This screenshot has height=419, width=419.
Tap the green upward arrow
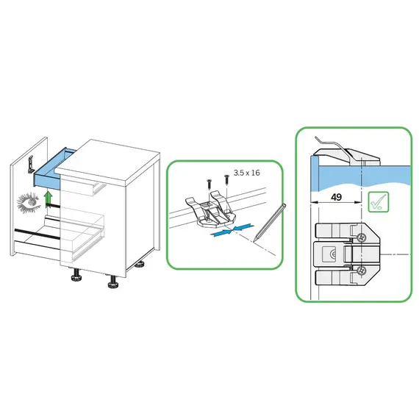(48, 198)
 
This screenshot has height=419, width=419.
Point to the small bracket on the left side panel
(31, 165)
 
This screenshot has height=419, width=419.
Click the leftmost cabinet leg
(76, 275)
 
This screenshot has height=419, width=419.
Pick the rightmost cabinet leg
(140, 265)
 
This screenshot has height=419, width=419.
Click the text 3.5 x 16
(247, 173)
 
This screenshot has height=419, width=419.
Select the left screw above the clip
(209, 185)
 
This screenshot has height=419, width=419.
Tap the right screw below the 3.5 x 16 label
(226, 179)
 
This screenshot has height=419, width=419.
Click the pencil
(271, 223)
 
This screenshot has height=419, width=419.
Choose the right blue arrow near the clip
(243, 227)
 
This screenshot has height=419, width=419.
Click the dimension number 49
(336, 197)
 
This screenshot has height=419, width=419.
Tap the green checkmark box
(379, 202)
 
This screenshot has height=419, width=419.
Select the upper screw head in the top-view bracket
(361, 237)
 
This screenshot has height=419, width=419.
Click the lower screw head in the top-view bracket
(361, 271)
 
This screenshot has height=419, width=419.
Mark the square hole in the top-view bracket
(329, 254)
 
